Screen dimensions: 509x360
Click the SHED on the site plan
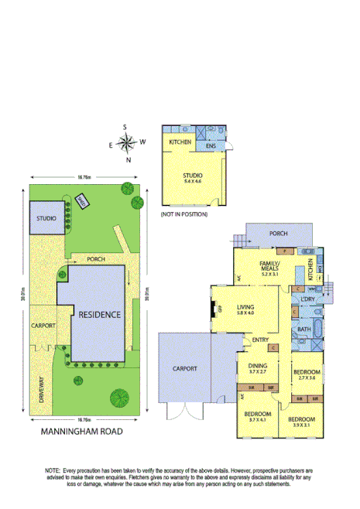(82, 200)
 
